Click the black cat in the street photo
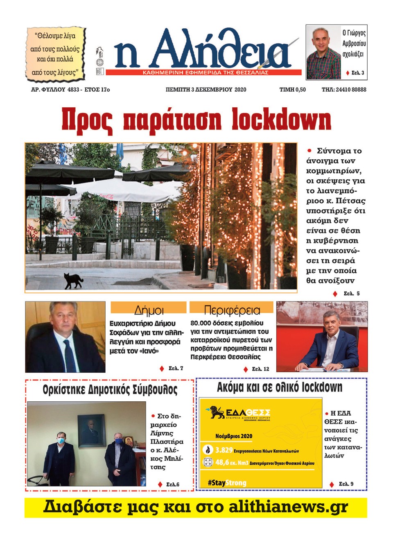pyautogui.click(x=73, y=281)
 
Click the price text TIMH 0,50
pyautogui.click(x=292, y=90)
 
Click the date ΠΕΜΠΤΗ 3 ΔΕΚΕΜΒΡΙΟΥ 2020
pyautogui.click(x=206, y=90)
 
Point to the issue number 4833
pyautogui.click(x=73, y=90)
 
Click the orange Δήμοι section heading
pyautogui.click(x=148, y=309)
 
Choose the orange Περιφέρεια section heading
pyautogui.click(x=232, y=310)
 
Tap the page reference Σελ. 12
pyautogui.click(x=260, y=369)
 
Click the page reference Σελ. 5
pyautogui.click(x=351, y=294)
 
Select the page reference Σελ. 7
pyautogui.click(x=176, y=368)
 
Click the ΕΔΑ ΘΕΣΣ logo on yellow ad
pyautogui.click(x=239, y=413)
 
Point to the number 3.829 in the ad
pyautogui.click(x=224, y=450)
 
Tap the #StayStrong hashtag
pyautogui.click(x=227, y=483)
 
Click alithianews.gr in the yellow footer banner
pyautogui.click(x=288, y=507)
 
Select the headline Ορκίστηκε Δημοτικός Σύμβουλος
pyautogui.click(x=110, y=389)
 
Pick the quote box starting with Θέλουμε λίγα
pyautogui.click(x=56, y=54)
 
